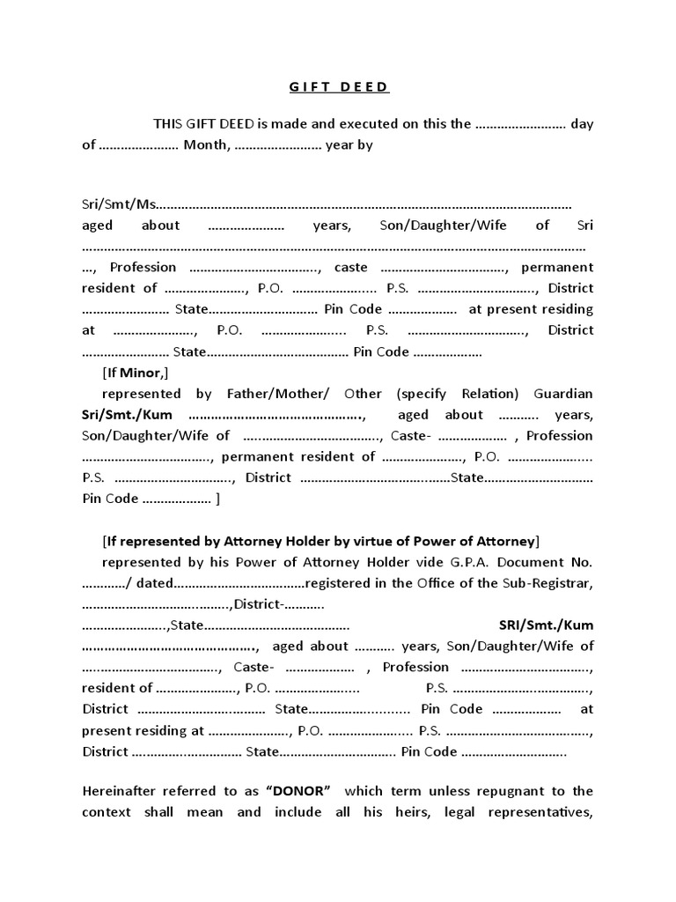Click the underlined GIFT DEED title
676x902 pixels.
pyautogui.click(x=339, y=87)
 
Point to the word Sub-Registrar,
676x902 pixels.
pyautogui.click(x=547, y=583)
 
